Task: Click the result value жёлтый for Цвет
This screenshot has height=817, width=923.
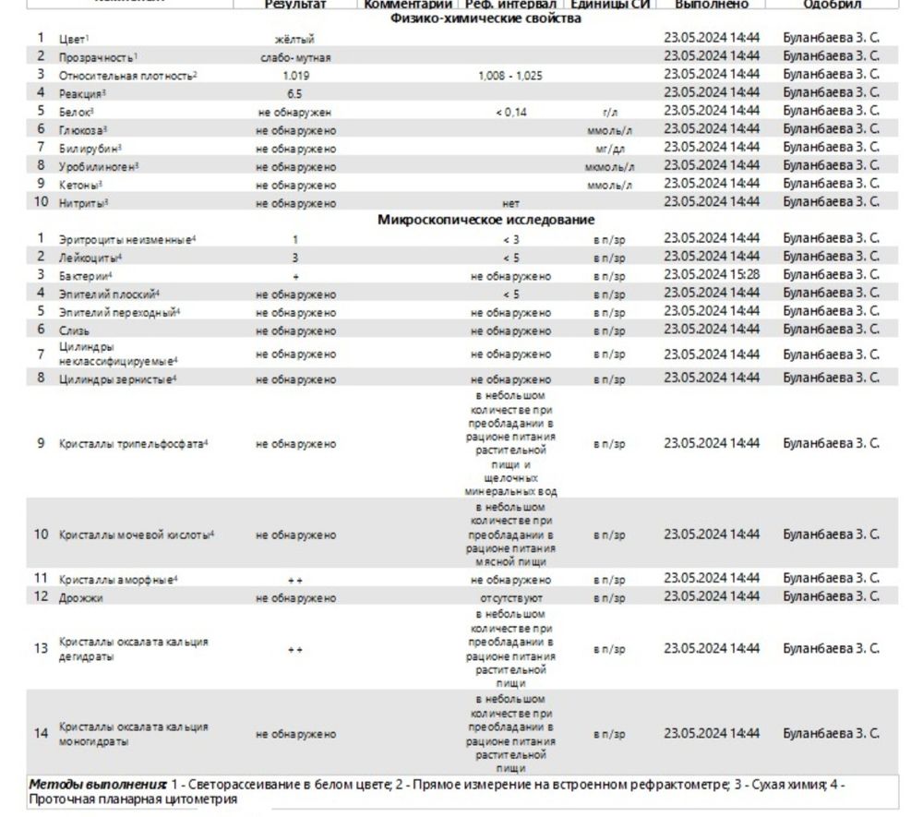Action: (x=295, y=39)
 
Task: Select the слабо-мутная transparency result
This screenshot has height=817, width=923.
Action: (x=295, y=57)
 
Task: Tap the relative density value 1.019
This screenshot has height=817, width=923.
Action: (x=295, y=76)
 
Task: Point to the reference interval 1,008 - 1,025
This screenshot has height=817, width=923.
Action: (x=510, y=76)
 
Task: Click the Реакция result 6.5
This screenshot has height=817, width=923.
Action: (x=295, y=93)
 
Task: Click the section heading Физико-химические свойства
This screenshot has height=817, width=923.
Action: (x=485, y=19)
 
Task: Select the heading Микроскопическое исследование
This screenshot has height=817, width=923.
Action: (x=485, y=220)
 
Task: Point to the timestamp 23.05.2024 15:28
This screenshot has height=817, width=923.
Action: (x=712, y=274)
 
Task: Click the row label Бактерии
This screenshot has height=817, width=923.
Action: (x=86, y=275)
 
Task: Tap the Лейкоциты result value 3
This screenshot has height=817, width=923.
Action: (x=295, y=257)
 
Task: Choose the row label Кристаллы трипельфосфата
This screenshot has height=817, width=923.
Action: (x=134, y=443)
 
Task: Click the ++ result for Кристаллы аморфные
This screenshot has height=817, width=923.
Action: (x=295, y=580)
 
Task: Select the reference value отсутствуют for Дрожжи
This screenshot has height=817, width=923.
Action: (x=510, y=598)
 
